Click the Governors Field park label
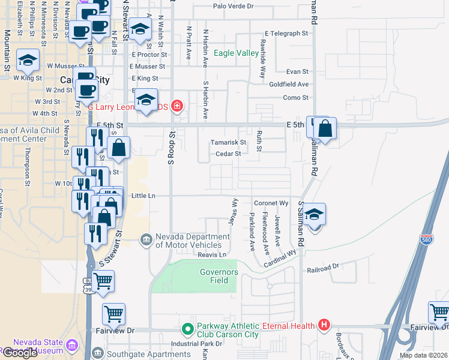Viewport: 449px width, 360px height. (219, 277)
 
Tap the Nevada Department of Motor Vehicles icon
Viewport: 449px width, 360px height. (146, 241)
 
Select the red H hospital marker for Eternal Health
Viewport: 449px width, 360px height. (324, 326)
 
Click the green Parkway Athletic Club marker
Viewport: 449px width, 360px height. (187, 329)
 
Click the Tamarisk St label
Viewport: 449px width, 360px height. (228, 143)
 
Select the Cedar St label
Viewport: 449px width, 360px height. (228, 154)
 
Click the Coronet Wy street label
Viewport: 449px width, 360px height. (271, 203)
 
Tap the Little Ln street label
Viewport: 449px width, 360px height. (143, 196)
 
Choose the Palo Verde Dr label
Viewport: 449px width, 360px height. (234, 7)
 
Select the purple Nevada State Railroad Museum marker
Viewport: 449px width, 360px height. (72, 346)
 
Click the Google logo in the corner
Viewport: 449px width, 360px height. (19, 353)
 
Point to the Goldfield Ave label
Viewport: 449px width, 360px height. (289, 85)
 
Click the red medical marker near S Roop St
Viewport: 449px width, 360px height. (176, 107)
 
